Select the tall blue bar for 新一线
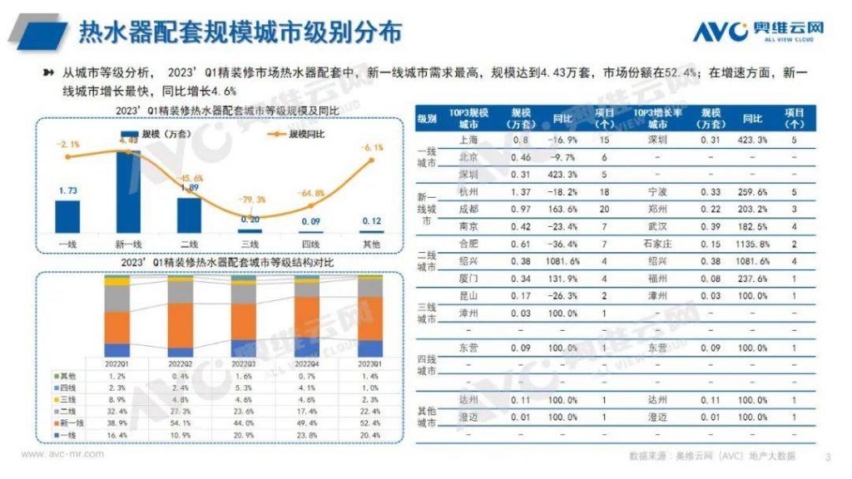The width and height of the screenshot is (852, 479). tap(127, 190)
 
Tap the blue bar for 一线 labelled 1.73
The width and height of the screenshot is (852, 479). tap(67, 215)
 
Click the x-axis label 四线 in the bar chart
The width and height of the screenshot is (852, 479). tap(311, 244)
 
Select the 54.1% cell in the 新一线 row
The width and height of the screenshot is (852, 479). tap(181, 423)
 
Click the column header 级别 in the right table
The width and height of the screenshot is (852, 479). tap(426, 118)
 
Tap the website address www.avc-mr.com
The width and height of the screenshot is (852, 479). tap(62, 455)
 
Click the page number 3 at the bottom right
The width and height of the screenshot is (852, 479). tap(828, 457)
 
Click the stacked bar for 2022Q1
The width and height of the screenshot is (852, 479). tap(117, 316)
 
